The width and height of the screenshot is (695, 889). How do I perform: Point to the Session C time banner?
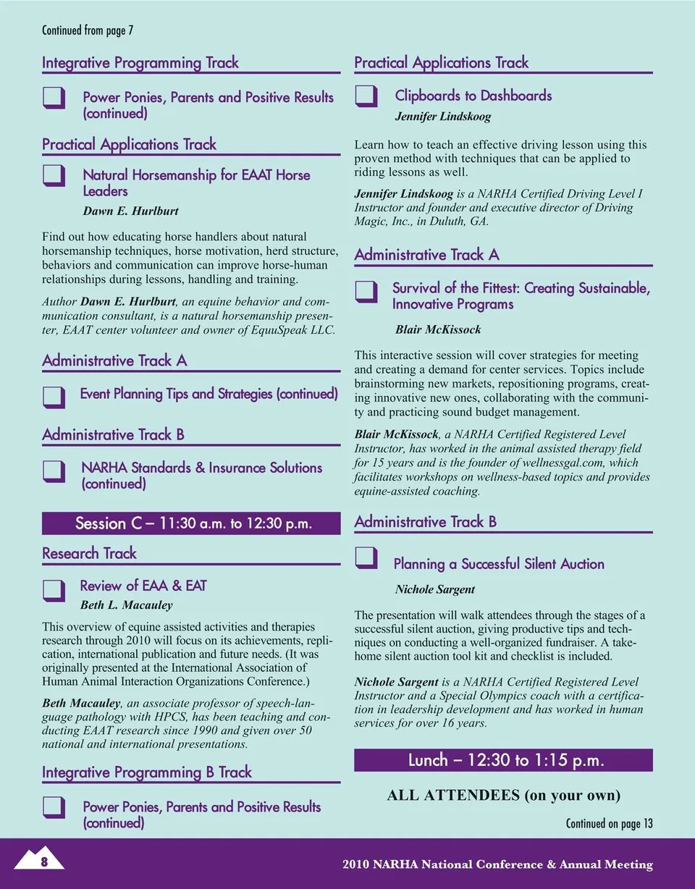191,523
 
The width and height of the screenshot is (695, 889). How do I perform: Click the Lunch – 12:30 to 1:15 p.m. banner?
503,760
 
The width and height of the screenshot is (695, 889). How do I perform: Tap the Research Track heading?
89,554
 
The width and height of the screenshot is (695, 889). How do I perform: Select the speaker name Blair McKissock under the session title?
438,329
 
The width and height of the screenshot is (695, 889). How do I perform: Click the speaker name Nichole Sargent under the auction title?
435,589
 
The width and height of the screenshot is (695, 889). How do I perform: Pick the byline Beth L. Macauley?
126,604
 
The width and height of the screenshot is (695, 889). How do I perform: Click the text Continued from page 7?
88,30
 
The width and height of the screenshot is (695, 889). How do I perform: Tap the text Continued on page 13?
609,823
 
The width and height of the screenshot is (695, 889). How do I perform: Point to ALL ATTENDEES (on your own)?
504,795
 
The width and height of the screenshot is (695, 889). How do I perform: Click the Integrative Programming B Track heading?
147,772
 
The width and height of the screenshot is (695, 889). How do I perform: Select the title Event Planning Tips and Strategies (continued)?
208,394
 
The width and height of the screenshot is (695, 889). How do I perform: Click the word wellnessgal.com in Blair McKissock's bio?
561,462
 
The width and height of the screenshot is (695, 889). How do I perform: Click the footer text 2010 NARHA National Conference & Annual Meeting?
498,864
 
